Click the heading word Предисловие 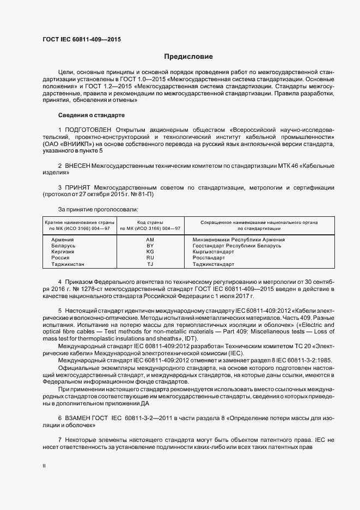click(188, 57)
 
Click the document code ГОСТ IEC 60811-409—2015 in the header click(82, 39)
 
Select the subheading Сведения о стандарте click(91, 116)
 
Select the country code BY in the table click(150, 246)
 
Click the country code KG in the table click(150, 252)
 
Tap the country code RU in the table click(150, 258)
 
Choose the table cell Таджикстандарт click(217, 264)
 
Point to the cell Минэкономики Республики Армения click(239, 240)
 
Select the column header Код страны click(150, 222)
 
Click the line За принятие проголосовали click(97, 209)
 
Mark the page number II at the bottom click(44, 466)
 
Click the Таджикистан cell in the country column click(68, 264)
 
